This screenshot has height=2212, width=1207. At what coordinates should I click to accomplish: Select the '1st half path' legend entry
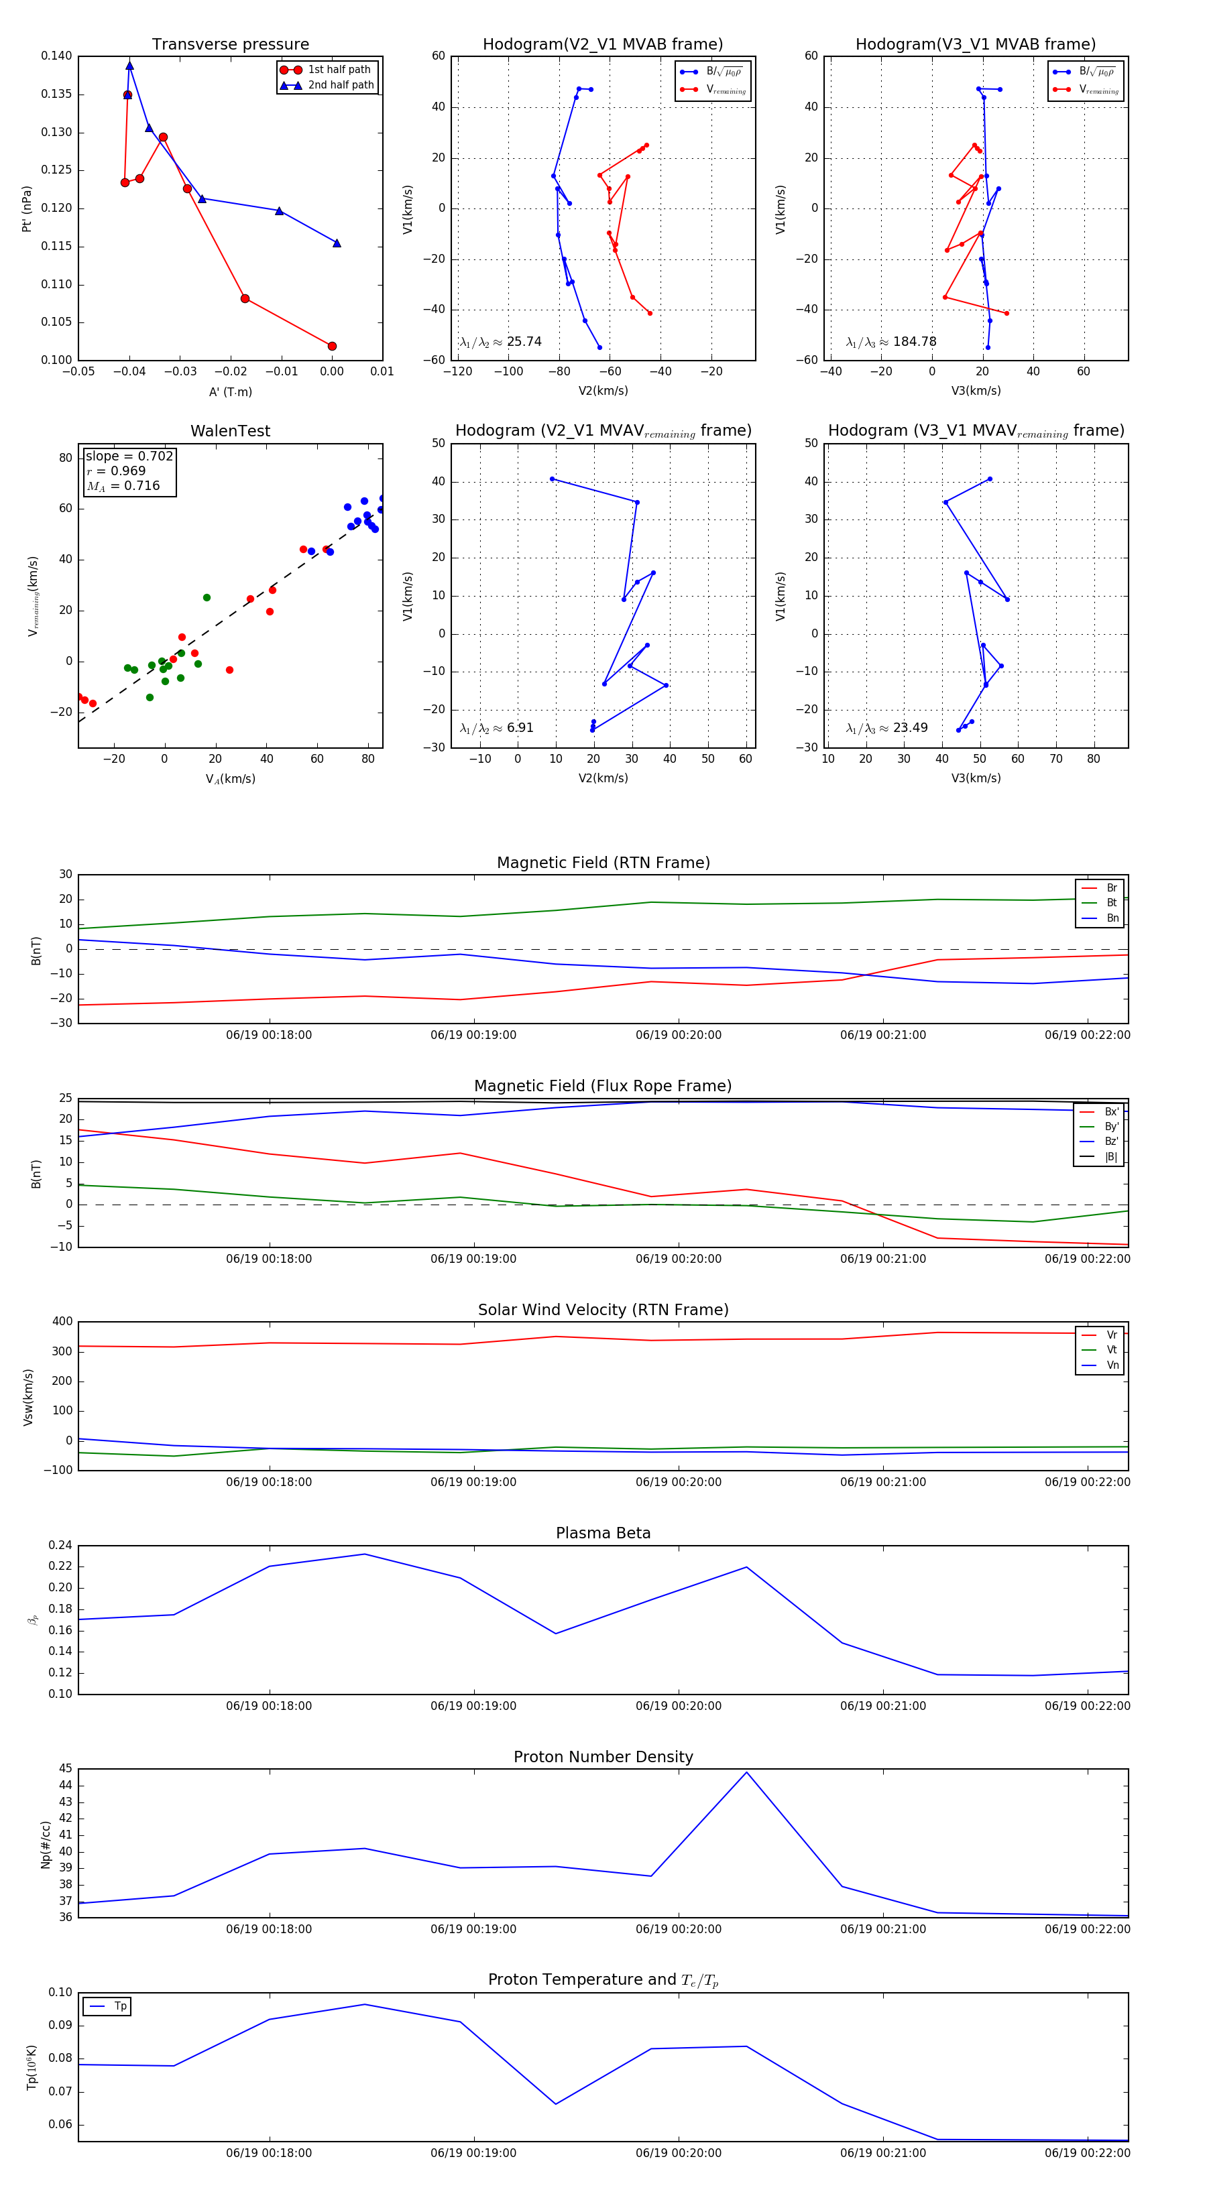[339, 70]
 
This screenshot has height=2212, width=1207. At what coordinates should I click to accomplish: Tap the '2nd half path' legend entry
[340, 85]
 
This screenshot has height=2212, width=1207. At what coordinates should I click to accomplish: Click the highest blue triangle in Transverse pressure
[129, 65]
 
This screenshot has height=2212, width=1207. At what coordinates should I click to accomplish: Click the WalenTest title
[230, 431]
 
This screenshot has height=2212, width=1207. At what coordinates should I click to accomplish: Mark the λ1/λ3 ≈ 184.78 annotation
[891, 342]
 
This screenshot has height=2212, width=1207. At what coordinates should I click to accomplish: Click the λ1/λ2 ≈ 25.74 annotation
[500, 342]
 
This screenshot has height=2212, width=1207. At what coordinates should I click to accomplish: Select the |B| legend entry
[1110, 1157]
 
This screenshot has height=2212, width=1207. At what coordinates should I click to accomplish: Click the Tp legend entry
[119, 2007]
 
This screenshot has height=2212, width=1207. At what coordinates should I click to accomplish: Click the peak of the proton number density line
[746, 1772]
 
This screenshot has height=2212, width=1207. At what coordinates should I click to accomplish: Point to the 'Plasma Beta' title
[603, 1533]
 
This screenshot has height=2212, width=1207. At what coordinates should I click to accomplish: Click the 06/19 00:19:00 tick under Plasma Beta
[473, 1706]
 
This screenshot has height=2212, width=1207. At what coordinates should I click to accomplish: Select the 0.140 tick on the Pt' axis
[57, 56]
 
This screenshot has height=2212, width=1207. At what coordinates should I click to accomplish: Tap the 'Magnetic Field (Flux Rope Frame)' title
[603, 1087]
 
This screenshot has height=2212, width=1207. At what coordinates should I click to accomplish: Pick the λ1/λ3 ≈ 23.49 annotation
[886, 728]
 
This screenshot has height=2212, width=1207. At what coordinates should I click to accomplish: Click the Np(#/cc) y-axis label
[46, 1845]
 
